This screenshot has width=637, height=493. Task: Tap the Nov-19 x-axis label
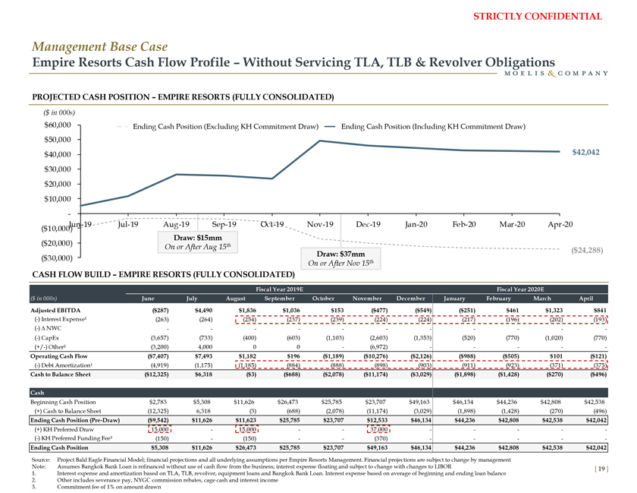click(x=318, y=224)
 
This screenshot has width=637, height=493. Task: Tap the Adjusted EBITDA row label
click(x=54, y=310)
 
